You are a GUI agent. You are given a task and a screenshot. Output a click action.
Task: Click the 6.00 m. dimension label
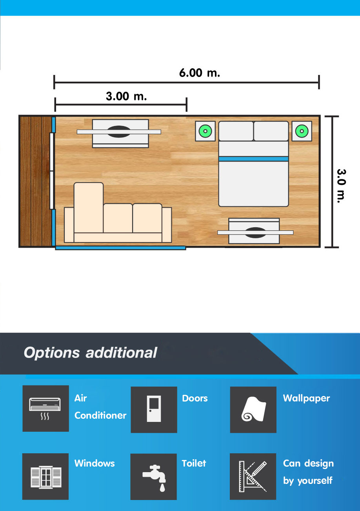tap(200, 73)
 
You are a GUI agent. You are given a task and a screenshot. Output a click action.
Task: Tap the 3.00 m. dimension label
tap(126, 96)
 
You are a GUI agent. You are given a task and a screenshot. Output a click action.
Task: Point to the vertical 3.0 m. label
tap(341, 186)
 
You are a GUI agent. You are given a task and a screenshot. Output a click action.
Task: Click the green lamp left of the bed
tap(205, 131)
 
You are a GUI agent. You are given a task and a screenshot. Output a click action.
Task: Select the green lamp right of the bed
tap(302, 131)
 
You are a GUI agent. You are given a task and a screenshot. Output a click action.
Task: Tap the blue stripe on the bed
tap(253, 159)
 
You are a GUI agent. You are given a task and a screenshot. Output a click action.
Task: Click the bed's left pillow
tap(236, 131)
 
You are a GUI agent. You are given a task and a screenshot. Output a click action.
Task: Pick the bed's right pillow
tap(271, 131)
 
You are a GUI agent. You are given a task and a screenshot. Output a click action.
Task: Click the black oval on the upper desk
tap(119, 131)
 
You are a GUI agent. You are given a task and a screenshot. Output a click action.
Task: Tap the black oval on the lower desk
tap(255, 233)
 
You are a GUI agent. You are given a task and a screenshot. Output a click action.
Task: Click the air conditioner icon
tap(45, 408)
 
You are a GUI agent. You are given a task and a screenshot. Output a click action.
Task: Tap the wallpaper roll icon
tap(253, 409)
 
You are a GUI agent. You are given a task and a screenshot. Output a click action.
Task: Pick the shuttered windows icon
tap(46, 477)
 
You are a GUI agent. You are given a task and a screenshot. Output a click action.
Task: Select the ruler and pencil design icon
tap(253, 476)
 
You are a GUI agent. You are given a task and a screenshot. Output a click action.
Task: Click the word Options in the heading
tap(52, 353)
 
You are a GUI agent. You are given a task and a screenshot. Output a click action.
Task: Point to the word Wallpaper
tap(306, 398)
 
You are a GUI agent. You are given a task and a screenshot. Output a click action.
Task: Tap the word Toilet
tap(194, 463)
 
